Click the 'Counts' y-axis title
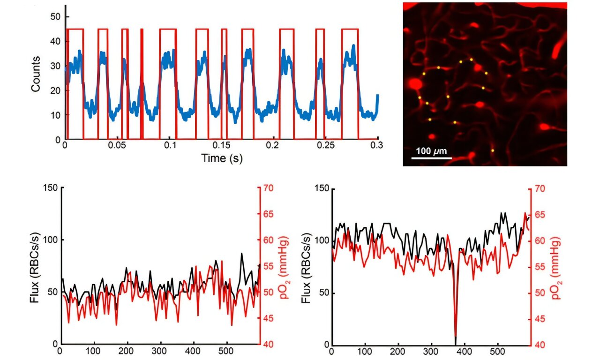pos(36,74)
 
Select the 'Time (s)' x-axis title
pos(222,158)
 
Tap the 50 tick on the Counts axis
pos(56,16)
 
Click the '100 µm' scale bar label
pos(431,151)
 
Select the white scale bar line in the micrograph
pos(431,158)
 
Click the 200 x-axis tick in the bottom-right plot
pos(398,351)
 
